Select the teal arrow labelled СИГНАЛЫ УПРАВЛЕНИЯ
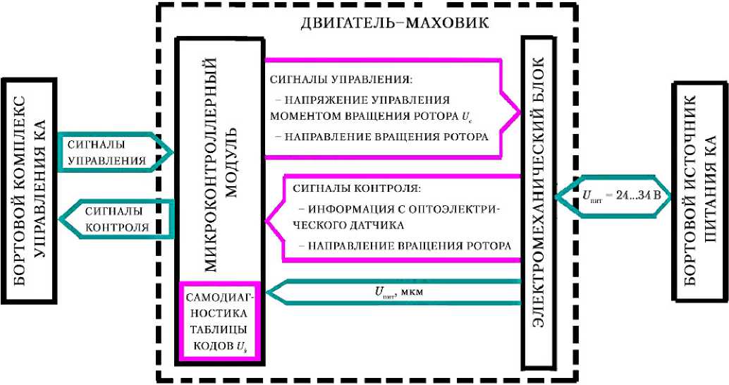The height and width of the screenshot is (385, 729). click(113, 152)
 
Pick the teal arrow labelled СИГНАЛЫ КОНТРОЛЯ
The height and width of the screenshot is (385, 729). click(113, 219)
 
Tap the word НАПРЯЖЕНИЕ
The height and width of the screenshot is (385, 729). click(319, 99)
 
